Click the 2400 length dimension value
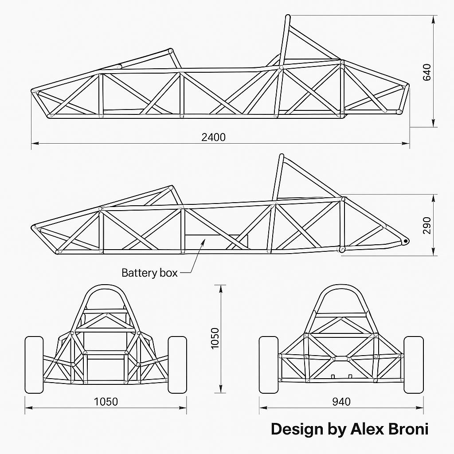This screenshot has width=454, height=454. coord(213,137)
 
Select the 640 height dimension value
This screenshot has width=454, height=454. coord(427,72)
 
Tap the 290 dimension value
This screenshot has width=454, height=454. coord(427,226)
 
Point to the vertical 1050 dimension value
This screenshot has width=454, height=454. coord(215,338)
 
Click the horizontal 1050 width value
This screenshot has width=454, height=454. coord(106,402)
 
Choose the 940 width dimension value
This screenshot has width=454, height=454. coord(341,402)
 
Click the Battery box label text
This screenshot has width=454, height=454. coord(149,273)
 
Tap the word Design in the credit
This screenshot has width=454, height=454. coord(297,429)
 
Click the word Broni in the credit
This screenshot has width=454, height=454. coord(408,429)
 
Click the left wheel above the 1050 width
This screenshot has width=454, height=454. coord(34,364)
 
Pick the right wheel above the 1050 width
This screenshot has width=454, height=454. coord(177,364)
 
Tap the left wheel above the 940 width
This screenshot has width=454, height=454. coord(269,364)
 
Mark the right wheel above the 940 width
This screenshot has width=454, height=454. coord(414,364)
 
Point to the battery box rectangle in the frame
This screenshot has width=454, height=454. coord(216,241)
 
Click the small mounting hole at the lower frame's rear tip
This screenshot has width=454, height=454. coord(405,241)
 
